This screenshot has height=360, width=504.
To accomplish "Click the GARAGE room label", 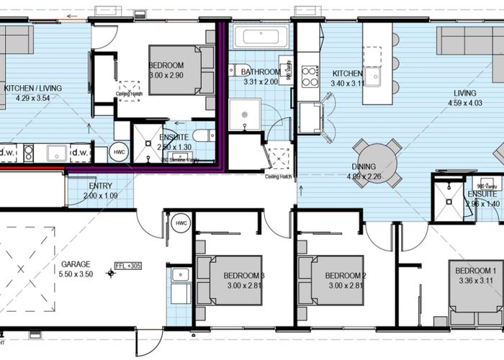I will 76,264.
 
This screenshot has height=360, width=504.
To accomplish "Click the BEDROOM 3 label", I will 243,276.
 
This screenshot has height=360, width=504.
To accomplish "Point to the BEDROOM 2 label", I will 346,276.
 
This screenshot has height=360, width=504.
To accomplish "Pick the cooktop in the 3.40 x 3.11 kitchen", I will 310,76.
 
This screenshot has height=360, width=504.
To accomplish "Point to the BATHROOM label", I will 261,72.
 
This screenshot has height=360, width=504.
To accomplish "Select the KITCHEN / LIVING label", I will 32,88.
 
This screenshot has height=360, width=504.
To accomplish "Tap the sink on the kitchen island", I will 373,75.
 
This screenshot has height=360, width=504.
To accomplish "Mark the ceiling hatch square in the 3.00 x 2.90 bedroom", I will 130,86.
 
